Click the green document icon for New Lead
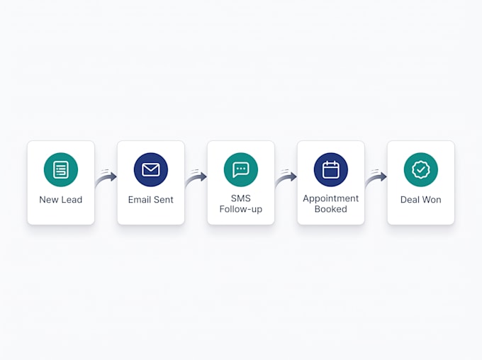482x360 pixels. coord(61,169)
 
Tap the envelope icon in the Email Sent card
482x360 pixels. coord(151,169)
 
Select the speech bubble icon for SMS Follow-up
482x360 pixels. coord(241,169)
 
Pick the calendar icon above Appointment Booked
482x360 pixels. coord(331,169)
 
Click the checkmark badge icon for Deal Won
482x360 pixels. coord(421,169)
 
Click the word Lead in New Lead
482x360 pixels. coord(72,200)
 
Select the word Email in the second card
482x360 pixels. coord(140,200)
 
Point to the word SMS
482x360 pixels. coord(241,198)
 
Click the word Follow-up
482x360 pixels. coord(241,209)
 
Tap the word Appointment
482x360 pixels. coord(331,198)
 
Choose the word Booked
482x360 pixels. coord(331,209)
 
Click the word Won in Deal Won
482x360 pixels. coord(432,200)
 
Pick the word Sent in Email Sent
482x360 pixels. coord(164,200)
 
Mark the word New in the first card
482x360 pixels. coord(49,200)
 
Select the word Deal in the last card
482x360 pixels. coord(410,200)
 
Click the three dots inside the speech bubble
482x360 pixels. coord(241,169)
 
